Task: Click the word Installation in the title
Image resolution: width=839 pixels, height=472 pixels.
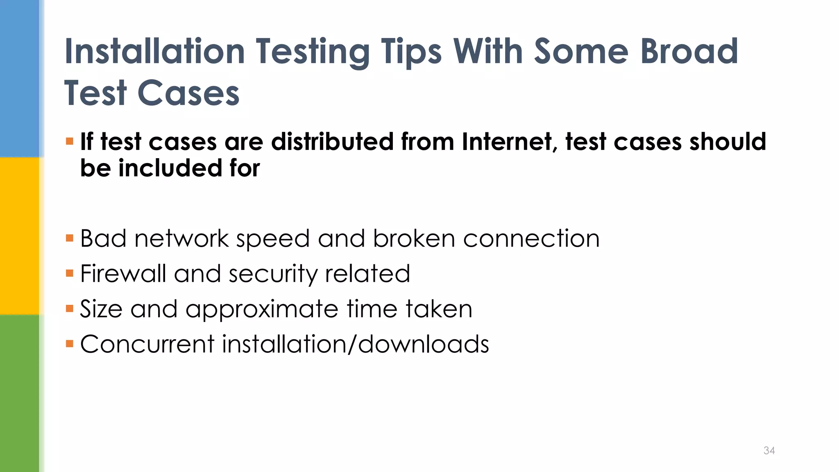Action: pos(155,52)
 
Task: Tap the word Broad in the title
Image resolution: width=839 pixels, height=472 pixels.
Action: pos(689,52)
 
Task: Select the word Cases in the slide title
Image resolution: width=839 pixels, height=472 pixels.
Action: pos(188,93)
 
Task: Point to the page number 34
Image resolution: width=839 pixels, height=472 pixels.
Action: pos(769,451)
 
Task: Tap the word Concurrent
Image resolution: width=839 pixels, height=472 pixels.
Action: pos(147,344)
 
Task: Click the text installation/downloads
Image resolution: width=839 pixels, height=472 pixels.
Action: pos(356,344)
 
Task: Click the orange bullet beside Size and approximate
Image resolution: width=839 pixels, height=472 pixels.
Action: pos(70,308)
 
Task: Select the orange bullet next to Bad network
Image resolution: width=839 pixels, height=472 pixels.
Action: pos(70,238)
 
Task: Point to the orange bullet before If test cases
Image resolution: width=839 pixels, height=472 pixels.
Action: pos(70,142)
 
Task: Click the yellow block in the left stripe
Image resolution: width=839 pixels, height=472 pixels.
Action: pos(20,236)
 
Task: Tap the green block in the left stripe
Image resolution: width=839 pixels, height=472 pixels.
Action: pos(20,393)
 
